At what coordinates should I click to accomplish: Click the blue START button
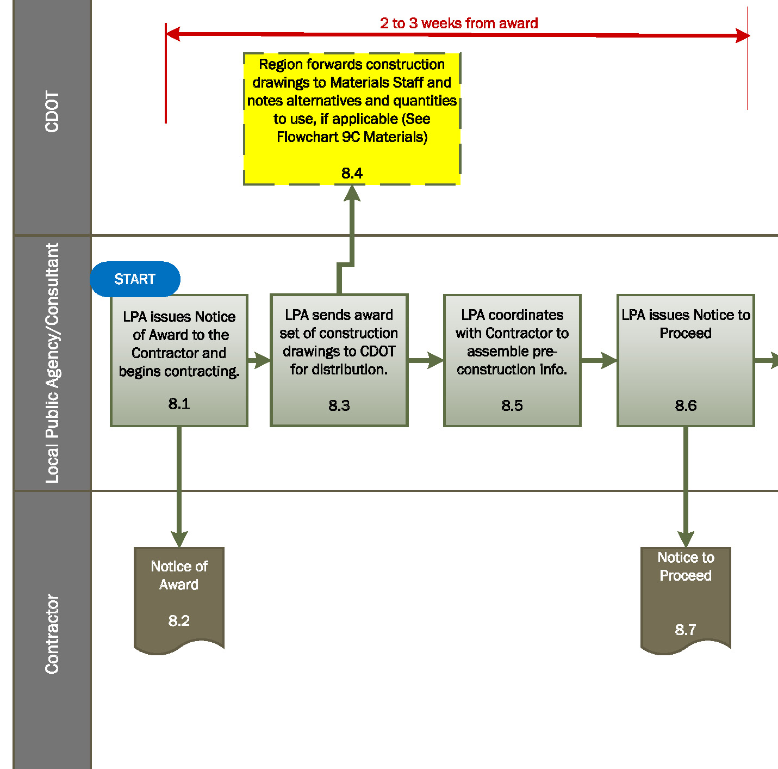pos(135,279)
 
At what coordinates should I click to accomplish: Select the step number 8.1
pos(179,403)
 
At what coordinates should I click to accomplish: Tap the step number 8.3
pos(339,405)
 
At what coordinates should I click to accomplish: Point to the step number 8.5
pos(512,405)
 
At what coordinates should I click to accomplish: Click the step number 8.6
pos(686,405)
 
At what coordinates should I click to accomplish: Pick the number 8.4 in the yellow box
pos(352,173)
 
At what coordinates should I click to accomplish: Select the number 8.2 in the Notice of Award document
pos(179,620)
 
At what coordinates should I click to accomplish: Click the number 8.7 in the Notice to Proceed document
pos(686,630)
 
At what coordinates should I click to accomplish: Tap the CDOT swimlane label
pos(52,112)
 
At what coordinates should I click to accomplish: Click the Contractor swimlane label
pos(52,634)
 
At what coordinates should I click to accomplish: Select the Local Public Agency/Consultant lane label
pos(52,363)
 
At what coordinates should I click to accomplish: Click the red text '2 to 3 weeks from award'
pos(459,23)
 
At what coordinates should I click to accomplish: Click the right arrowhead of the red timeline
pos(742,36)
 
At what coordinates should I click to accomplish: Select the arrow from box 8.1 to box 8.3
pos(259,360)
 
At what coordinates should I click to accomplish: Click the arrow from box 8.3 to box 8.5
pos(426,360)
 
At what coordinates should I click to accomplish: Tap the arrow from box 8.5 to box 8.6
pos(599,360)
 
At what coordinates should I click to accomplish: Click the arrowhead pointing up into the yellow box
pos(352,194)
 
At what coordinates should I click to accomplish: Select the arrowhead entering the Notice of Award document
pos(179,539)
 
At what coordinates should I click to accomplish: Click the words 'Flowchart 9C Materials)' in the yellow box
pos(352,137)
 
